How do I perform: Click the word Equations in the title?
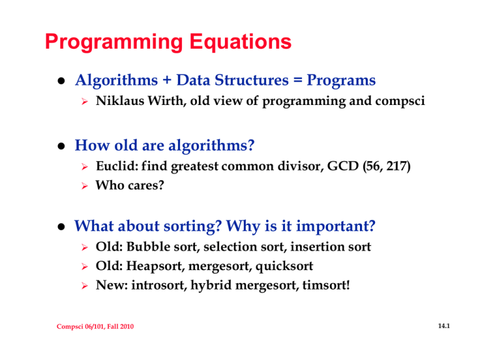click(x=240, y=42)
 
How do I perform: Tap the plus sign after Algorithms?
click(x=167, y=81)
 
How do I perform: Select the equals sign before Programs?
click(x=297, y=81)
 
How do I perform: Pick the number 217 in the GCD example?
click(x=398, y=166)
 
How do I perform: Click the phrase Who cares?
click(x=130, y=185)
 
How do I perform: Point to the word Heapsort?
click(x=156, y=266)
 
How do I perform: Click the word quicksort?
click(x=284, y=266)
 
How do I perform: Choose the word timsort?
click(x=326, y=285)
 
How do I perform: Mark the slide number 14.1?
click(x=444, y=326)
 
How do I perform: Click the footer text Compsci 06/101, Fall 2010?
click(x=95, y=327)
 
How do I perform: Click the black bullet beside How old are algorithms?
click(x=61, y=146)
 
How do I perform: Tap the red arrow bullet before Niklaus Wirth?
click(x=85, y=102)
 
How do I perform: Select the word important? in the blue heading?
click(x=336, y=226)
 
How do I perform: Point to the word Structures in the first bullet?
click(x=252, y=80)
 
